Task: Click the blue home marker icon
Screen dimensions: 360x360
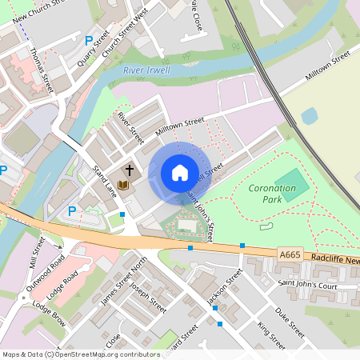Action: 180,173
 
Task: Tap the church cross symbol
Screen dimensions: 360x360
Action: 129,170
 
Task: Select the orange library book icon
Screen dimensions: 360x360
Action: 123,186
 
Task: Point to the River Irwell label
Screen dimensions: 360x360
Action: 147,70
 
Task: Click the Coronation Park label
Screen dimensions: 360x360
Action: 272,193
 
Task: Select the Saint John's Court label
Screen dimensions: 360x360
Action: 307,285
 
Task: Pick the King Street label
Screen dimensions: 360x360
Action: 271,335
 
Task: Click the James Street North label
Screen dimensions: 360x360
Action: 124,282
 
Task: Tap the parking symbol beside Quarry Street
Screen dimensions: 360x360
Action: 88,40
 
